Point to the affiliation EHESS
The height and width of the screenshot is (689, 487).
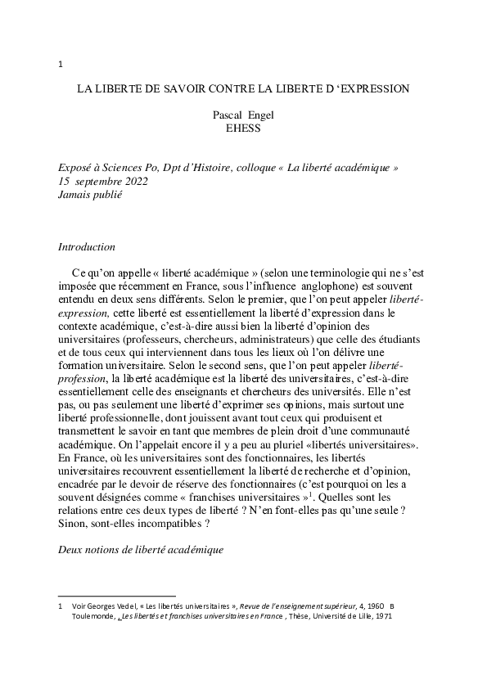click(x=242, y=128)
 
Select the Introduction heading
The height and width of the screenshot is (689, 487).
click(x=86, y=246)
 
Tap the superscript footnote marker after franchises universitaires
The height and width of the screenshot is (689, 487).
click(x=316, y=493)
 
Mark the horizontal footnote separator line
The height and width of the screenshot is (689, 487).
click(x=117, y=596)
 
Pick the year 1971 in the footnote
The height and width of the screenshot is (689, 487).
click(x=381, y=616)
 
